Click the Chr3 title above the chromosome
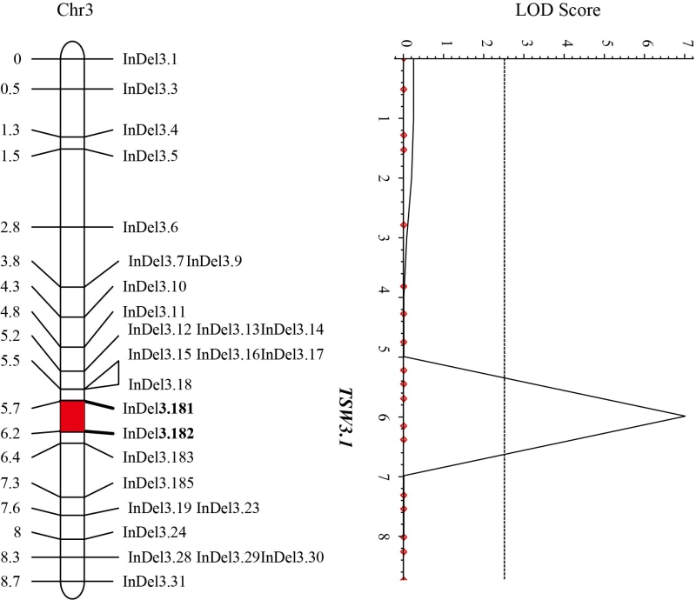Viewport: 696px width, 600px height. click(73, 13)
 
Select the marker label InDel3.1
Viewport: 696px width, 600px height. click(149, 59)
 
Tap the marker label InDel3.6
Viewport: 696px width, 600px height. click(151, 228)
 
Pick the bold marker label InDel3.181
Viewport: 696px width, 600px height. click(157, 407)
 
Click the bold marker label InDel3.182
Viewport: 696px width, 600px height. click(157, 432)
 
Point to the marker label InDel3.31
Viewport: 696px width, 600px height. click(153, 581)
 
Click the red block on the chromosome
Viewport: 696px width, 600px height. click(72, 416)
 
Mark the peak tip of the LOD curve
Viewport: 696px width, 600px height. click(685, 417)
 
